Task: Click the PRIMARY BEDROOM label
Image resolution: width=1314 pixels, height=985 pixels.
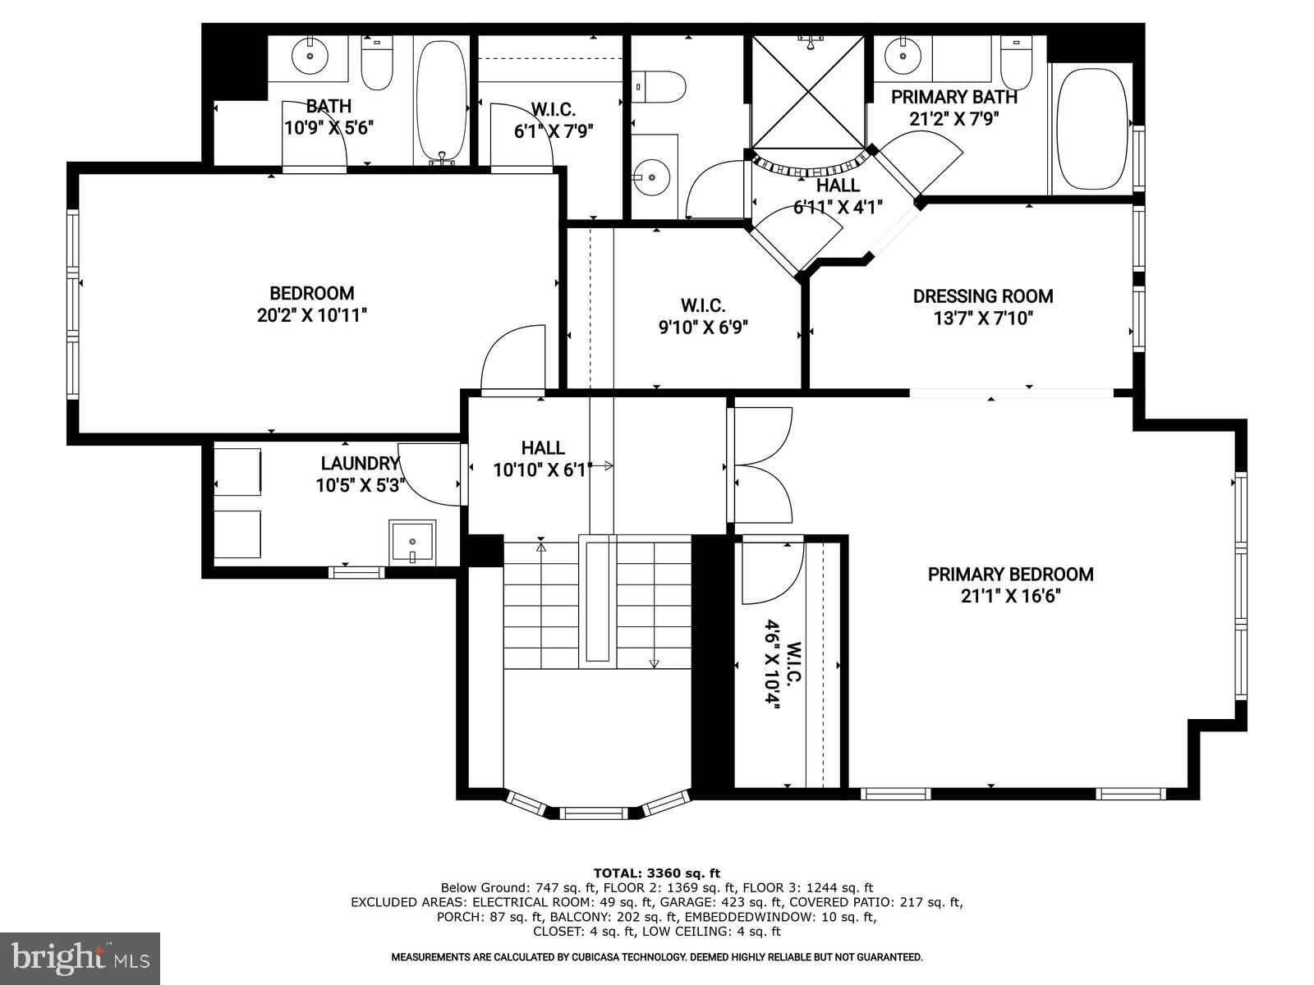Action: [1010, 575]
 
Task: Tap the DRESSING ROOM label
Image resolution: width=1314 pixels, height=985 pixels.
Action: [982, 296]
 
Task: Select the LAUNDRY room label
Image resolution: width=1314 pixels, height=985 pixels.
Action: [360, 464]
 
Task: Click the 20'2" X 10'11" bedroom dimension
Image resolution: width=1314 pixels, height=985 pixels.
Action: [311, 315]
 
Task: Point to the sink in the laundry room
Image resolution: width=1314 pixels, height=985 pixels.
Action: [412, 542]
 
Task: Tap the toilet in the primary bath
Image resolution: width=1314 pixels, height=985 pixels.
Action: [1016, 64]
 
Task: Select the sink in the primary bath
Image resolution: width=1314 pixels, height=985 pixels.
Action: [903, 57]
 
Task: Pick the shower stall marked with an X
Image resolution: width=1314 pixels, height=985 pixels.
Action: [809, 92]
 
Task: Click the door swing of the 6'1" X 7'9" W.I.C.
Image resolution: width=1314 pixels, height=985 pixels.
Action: [519, 135]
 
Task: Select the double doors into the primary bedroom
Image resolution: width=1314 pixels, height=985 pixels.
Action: [762, 465]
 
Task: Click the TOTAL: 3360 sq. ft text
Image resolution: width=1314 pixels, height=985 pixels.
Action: [656, 873]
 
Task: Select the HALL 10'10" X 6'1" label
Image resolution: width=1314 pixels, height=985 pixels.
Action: [542, 459]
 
